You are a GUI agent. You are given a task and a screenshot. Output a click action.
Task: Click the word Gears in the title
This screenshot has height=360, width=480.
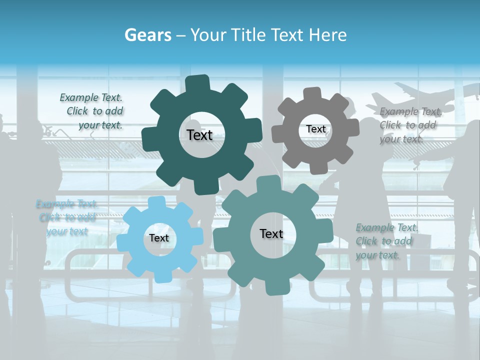pyautogui.click(x=147, y=35)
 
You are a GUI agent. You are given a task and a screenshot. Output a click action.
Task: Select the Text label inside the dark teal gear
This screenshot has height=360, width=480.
pyautogui.click(x=199, y=135)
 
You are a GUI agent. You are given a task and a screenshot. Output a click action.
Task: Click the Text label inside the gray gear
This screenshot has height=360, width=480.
pyautogui.click(x=315, y=129)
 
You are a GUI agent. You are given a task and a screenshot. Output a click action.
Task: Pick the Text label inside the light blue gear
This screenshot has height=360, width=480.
pyautogui.click(x=159, y=238)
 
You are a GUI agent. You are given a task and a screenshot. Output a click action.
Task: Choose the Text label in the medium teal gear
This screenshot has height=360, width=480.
pyautogui.click(x=271, y=233)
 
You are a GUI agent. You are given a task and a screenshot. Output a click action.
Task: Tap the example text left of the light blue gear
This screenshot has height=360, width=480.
pyautogui.click(x=67, y=217)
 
